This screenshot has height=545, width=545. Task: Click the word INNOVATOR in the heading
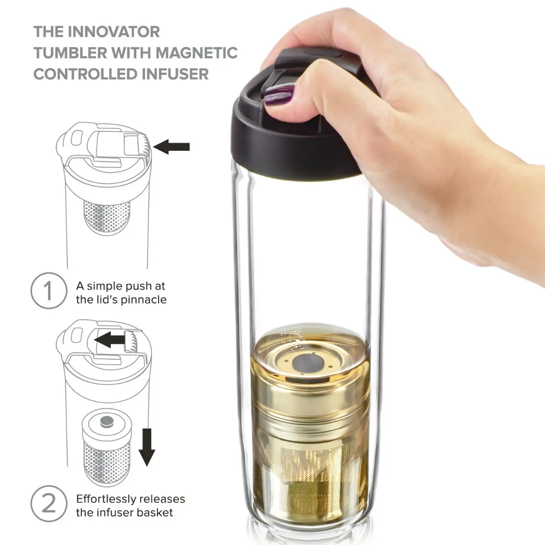pos(114,32)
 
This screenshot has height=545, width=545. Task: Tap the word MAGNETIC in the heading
pos(197,53)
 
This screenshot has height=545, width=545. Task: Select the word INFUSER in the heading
pos(175,74)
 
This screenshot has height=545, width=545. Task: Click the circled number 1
pos(49,291)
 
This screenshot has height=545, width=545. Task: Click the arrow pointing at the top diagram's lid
pos(171,147)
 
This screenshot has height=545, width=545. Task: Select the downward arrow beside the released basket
pos(147,447)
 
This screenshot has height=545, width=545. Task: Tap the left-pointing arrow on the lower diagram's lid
pos(109,339)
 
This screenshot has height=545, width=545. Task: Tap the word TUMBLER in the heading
pos(70,53)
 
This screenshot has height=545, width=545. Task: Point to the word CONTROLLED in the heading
pos(85,74)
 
